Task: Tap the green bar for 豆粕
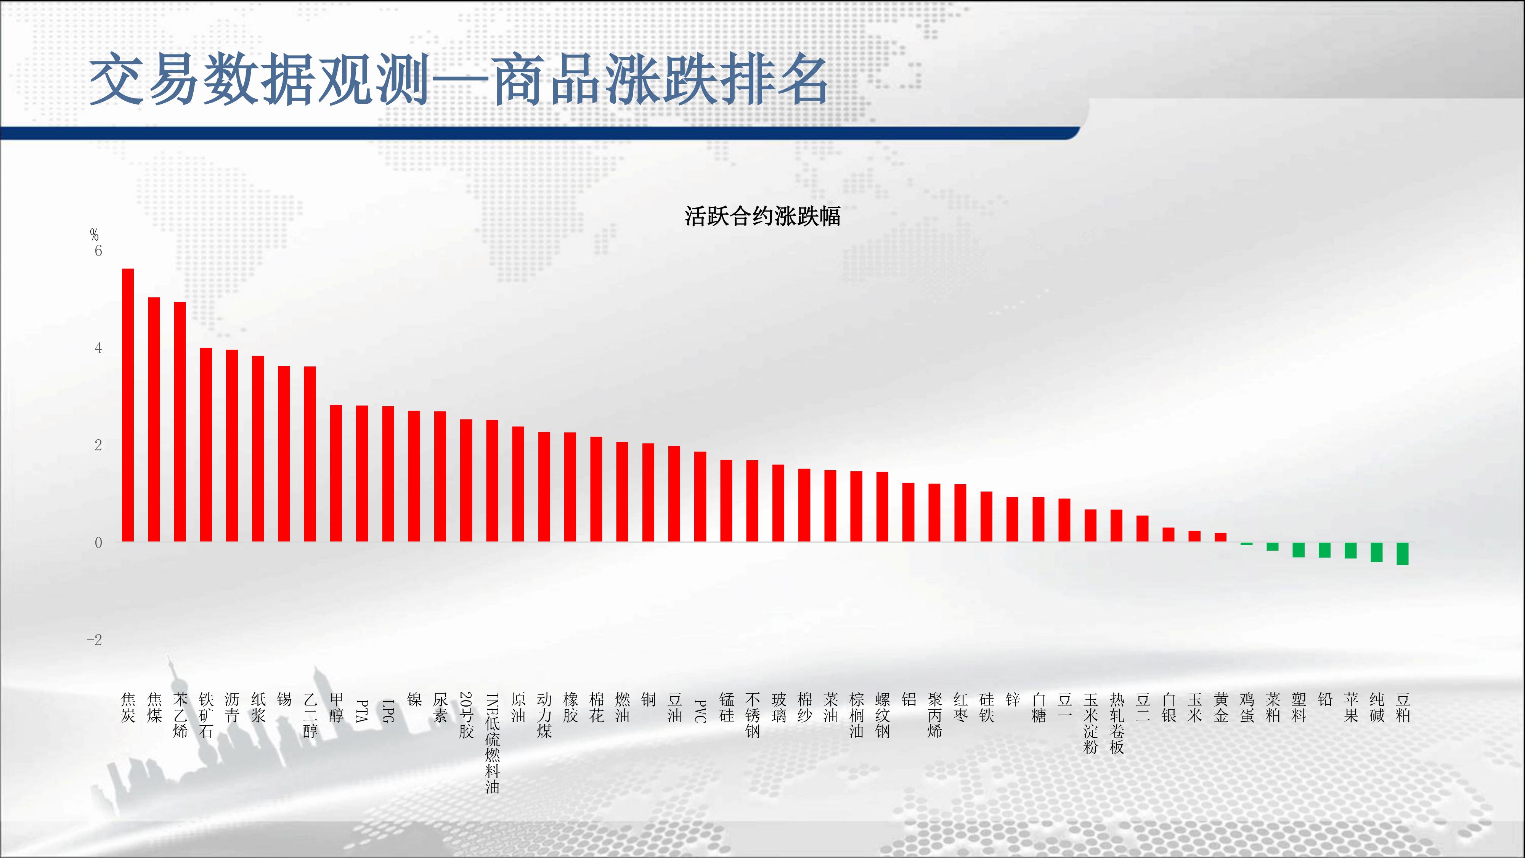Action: [1403, 554]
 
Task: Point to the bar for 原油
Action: [518, 484]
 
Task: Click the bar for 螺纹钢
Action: [882, 507]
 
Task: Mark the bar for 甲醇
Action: [335, 474]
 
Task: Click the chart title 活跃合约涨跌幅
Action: [762, 216]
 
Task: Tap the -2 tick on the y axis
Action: [95, 639]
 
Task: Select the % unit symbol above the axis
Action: [94, 235]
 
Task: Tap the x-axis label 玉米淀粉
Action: [1090, 723]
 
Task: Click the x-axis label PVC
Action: [700, 711]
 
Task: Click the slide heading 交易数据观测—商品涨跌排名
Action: [459, 79]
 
